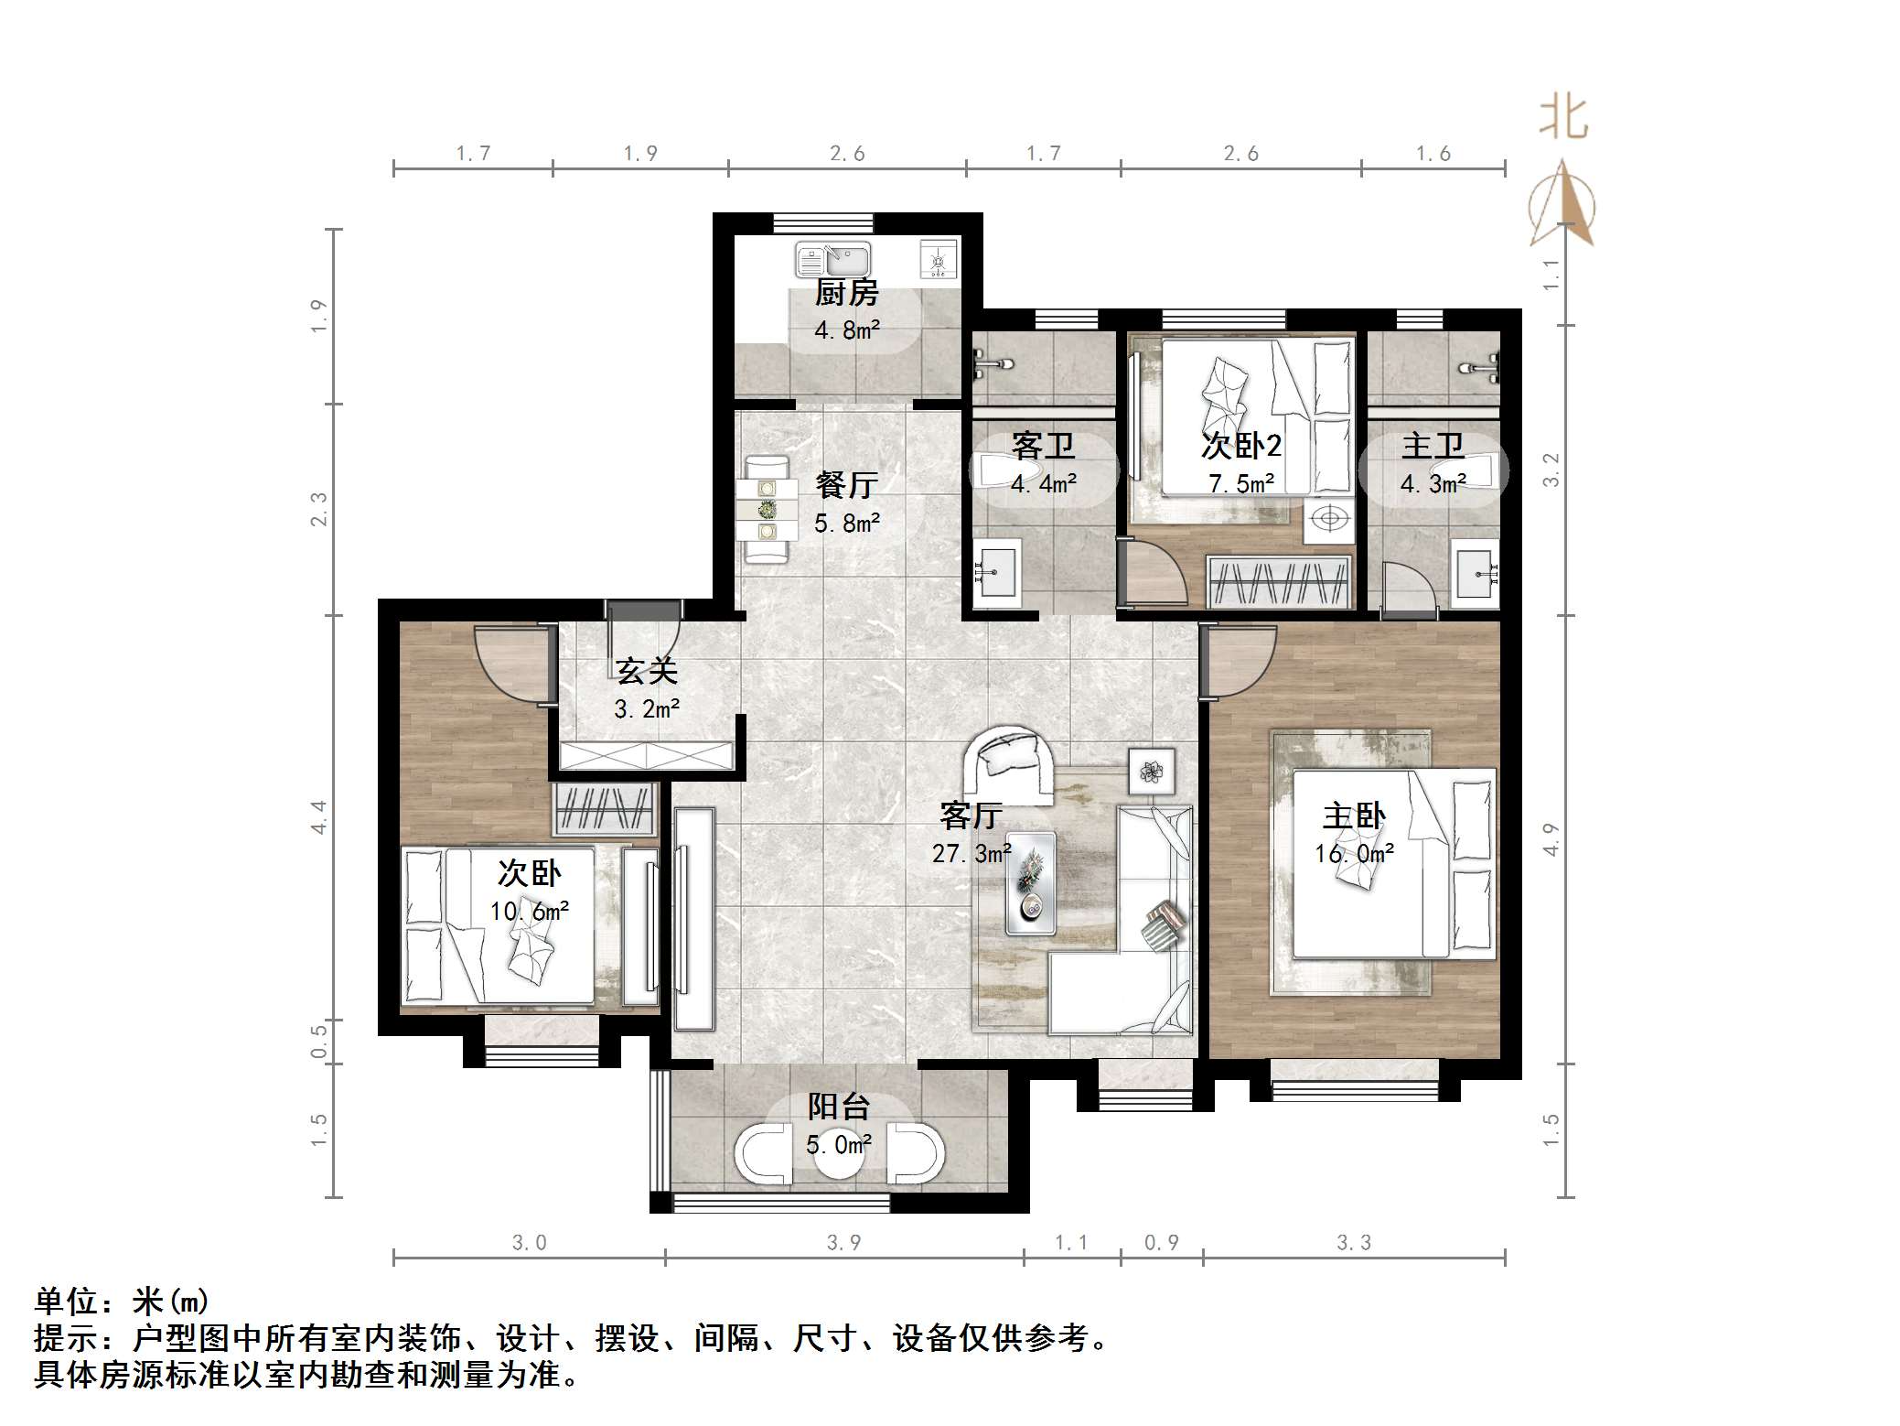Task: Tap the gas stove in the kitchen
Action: point(938,259)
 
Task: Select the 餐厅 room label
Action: point(846,484)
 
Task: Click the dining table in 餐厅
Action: point(767,510)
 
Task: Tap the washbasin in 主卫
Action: point(1476,573)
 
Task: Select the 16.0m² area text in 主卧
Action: point(1354,854)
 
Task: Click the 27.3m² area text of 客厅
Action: point(971,854)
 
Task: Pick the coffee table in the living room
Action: point(1030,883)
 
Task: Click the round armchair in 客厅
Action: point(1010,761)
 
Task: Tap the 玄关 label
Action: point(646,671)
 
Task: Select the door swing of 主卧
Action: point(1237,661)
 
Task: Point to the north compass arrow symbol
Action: point(1564,206)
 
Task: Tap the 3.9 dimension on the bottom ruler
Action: point(843,1242)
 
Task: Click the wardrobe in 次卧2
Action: point(1280,582)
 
